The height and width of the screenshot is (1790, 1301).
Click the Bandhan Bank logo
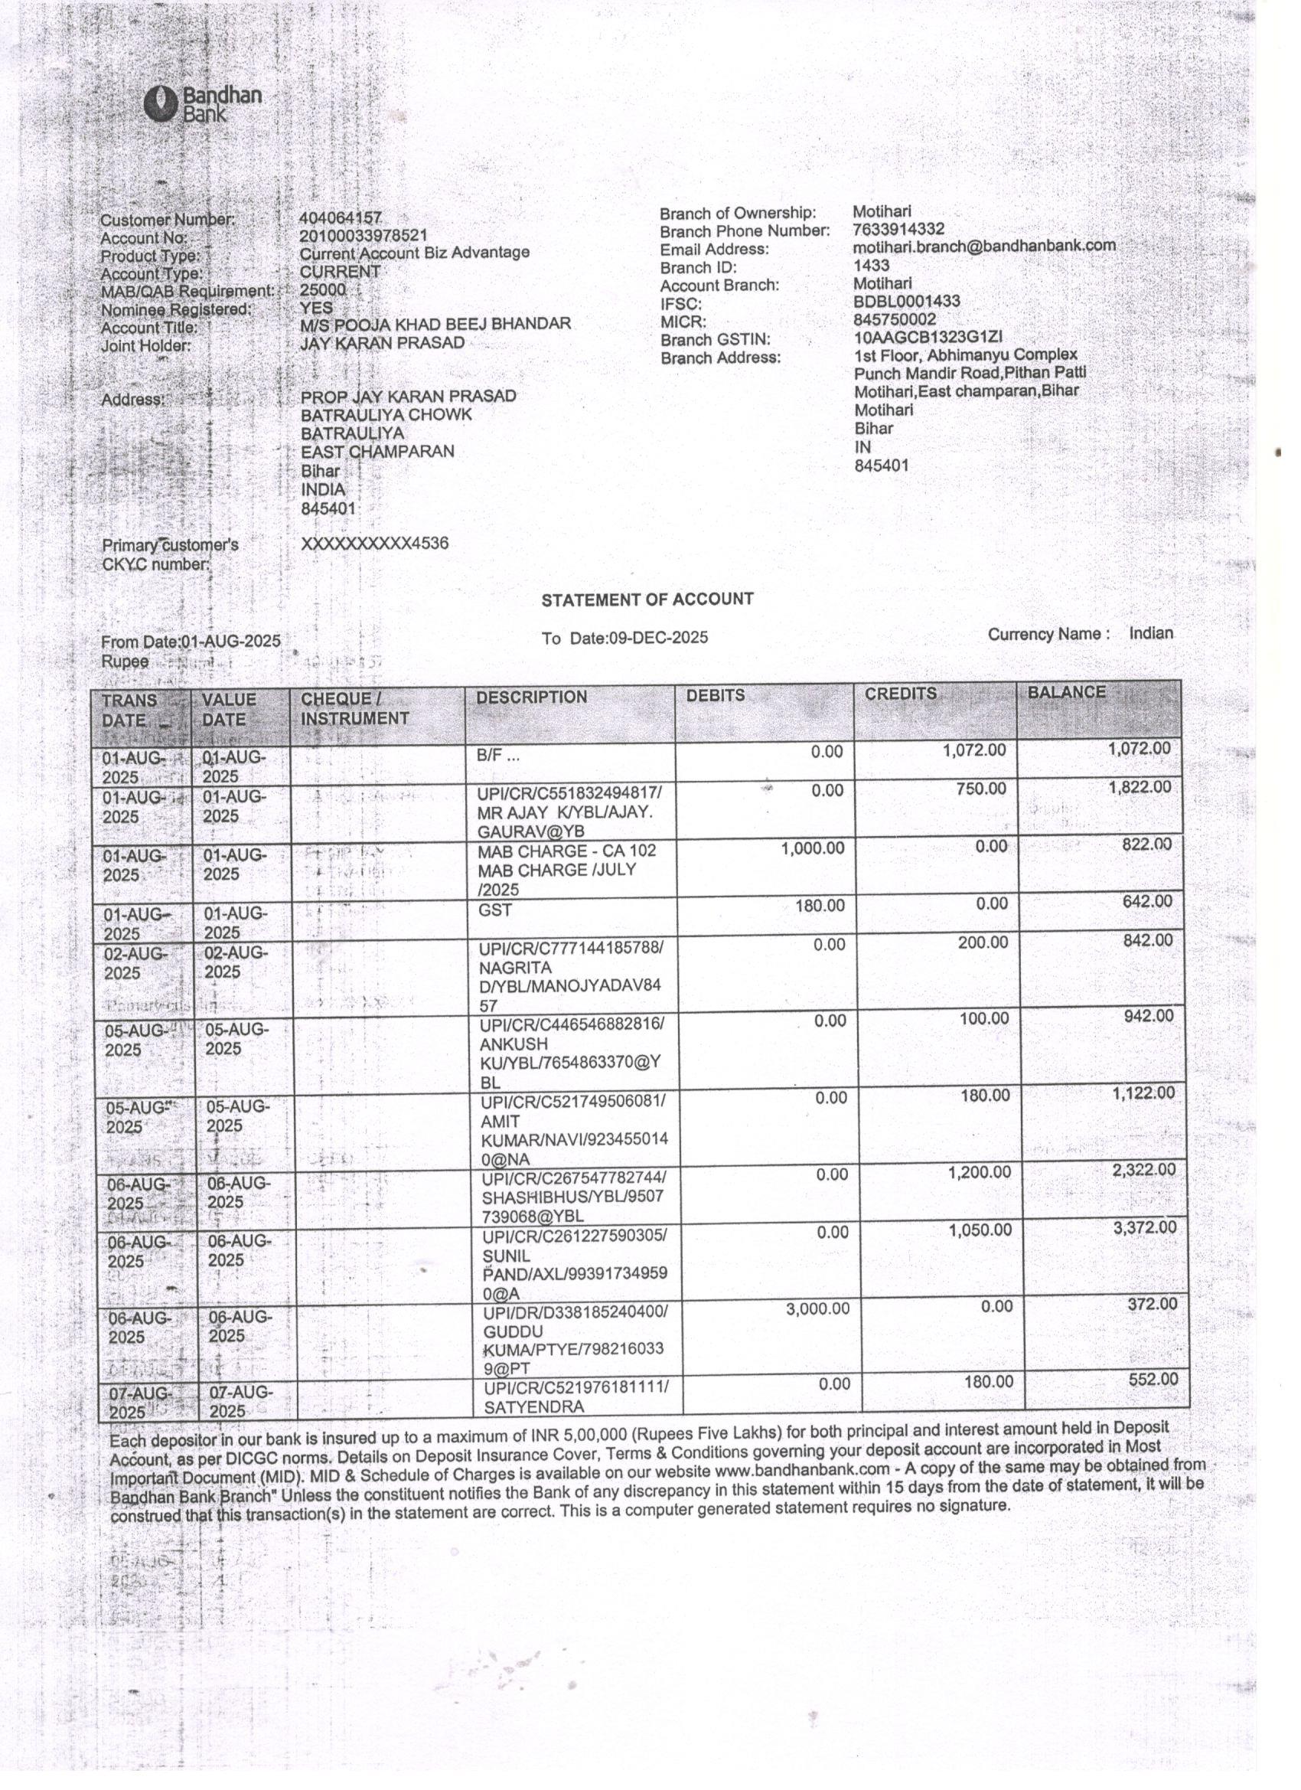pos(202,103)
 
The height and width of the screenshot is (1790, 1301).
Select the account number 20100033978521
pos(363,235)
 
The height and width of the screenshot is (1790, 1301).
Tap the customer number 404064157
pos(340,217)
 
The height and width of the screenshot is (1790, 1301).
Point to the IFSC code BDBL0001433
pos(906,302)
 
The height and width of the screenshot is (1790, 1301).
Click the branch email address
pos(984,247)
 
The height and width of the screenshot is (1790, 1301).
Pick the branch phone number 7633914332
pos(898,229)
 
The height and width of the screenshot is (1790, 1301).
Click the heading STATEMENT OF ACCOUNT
pos(647,599)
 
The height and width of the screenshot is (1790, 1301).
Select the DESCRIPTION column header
pos(531,697)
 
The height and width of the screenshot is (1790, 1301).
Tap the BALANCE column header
pos(1066,692)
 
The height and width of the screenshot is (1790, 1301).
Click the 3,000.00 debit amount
pos(817,1308)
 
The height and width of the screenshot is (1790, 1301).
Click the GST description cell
pos(494,910)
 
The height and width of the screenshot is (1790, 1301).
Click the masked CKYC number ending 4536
pos(375,543)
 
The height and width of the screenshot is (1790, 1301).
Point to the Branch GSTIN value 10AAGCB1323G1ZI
pos(928,337)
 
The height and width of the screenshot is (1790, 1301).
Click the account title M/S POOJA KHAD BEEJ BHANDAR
pos(435,324)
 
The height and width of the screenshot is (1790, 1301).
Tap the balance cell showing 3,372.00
pos(1144,1227)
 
